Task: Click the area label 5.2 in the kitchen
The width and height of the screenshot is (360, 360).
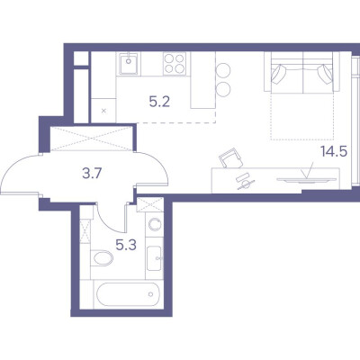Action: pyautogui.click(x=159, y=103)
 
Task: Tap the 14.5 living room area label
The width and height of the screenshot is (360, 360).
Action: pyautogui.click(x=334, y=151)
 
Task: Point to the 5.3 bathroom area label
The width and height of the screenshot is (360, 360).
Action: pyautogui.click(x=126, y=246)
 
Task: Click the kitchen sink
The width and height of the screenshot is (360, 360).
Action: pyautogui.click(x=129, y=64)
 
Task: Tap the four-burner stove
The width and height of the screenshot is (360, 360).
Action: pyautogui.click(x=175, y=64)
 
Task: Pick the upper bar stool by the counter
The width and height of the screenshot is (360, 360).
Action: pyautogui.click(x=223, y=70)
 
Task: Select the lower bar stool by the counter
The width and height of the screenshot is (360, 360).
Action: pyautogui.click(x=223, y=89)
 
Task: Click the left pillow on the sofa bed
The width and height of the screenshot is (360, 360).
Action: pyautogui.click(x=279, y=74)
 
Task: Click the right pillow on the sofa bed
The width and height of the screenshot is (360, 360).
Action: pyautogui.click(x=325, y=74)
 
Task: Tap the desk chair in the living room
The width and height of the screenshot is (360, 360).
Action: pyautogui.click(x=230, y=158)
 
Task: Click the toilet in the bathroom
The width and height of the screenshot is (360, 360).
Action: pyautogui.click(x=102, y=258)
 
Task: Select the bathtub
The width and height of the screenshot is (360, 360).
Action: pyautogui.click(x=126, y=295)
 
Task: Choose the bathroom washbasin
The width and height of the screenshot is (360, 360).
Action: pyautogui.click(x=155, y=258)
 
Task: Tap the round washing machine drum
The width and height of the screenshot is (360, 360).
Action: pyautogui.click(x=155, y=224)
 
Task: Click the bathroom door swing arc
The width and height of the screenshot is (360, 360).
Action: pyautogui.click(x=108, y=222)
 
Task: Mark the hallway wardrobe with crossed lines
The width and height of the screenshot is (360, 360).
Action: pyautogui.click(x=92, y=139)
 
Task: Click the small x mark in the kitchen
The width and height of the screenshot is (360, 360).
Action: pyautogui.click(x=103, y=111)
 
